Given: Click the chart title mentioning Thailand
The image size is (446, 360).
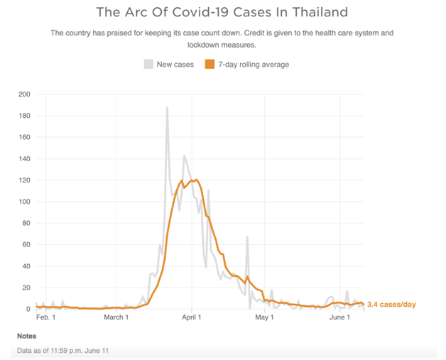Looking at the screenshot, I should [222, 12].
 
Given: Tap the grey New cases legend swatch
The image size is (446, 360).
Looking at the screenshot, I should [148, 64].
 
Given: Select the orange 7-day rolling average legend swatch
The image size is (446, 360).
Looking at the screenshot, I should [210, 64].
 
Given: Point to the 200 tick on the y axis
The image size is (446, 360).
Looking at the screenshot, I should [24, 94].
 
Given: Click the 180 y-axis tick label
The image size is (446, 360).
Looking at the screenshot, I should [24, 116].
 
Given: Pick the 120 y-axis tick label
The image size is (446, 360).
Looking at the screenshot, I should [24, 180].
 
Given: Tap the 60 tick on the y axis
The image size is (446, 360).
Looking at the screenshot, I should [26, 245].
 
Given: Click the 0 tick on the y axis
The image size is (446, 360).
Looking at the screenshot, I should [28, 309].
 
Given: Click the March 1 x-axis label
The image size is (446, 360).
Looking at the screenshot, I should [116, 317].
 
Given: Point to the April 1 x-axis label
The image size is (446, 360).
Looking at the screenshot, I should [192, 317].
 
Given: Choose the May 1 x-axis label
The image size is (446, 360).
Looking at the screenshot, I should [264, 317].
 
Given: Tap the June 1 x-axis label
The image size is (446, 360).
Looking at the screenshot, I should [340, 317].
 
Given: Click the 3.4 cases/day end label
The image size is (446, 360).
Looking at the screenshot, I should [391, 305].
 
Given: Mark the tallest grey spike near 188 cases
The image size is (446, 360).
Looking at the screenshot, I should [167, 109].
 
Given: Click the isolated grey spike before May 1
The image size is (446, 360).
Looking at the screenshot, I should [247, 237].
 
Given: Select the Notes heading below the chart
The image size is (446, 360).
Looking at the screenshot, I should [27, 335].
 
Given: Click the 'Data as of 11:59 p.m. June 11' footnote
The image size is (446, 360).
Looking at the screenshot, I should [63, 351].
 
